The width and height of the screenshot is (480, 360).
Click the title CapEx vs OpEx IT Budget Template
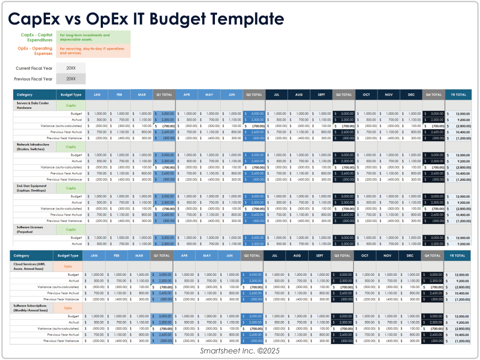coord(146,19)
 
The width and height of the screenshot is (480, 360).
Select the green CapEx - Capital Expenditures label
coord(36,37)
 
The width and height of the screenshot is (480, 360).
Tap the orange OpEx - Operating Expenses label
coord(35,51)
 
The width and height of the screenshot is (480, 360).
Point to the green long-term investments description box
coord(93,37)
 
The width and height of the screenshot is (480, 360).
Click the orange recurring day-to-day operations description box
coord(93,51)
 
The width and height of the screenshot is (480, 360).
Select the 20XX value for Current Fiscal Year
coord(71,68)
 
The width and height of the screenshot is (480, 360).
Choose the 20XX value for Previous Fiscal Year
coord(71,79)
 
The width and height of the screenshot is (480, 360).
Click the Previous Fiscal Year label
coord(33,79)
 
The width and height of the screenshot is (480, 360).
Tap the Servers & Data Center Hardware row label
coord(33,105)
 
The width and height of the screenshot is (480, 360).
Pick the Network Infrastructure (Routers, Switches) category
coord(33,146)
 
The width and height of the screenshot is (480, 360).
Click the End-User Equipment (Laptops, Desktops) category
coord(33,188)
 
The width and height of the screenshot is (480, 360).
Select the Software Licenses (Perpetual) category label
coord(30,229)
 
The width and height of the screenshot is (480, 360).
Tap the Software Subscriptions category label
coord(33,307)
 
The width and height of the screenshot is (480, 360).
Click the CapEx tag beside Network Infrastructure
coord(71,146)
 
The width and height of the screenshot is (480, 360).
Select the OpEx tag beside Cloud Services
coord(68,266)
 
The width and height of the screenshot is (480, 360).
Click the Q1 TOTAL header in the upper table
coord(164,95)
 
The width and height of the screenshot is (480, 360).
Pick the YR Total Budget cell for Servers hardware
coord(458,114)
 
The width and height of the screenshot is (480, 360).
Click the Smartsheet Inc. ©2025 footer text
coord(239,351)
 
